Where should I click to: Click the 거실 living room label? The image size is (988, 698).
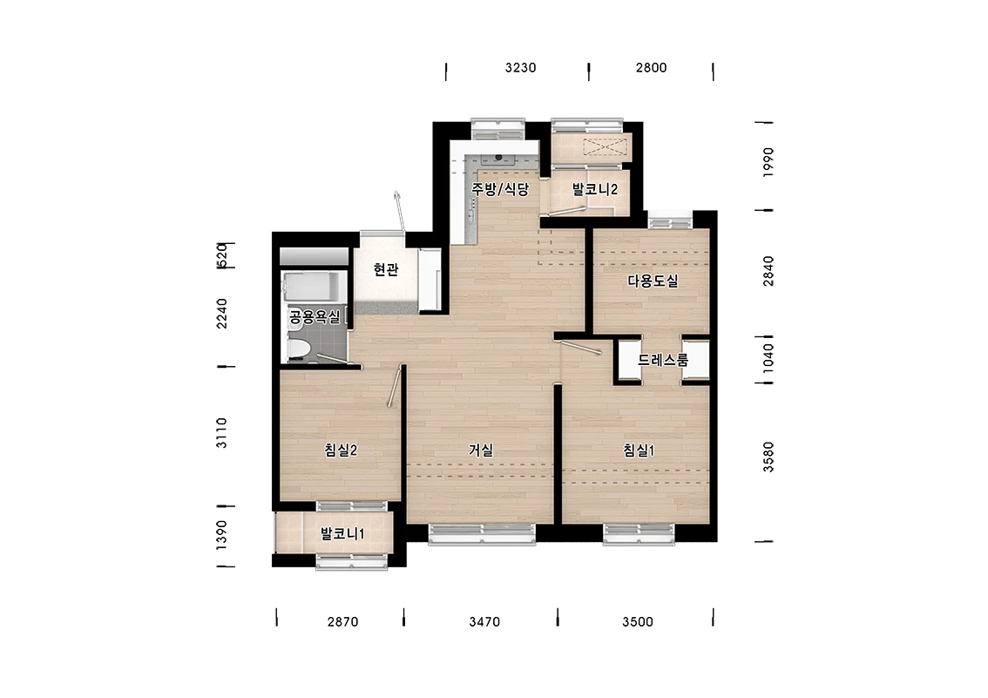(x=481, y=450)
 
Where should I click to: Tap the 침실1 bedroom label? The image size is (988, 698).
(x=639, y=451)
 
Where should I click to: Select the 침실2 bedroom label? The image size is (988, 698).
(x=341, y=450)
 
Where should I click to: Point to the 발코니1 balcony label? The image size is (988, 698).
(x=342, y=534)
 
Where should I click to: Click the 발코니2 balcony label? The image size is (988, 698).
(x=594, y=189)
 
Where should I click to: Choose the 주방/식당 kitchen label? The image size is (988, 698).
(x=500, y=188)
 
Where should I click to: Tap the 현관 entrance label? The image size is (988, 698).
(x=386, y=269)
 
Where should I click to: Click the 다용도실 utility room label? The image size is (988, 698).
(x=653, y=281)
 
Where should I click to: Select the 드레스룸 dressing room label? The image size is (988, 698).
(x=663, y=361)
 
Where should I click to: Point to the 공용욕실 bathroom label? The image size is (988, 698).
(x=315, y=316)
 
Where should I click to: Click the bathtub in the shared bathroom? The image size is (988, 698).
(x=313, y=287)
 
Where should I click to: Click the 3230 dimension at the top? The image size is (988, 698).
(x=520, y=67)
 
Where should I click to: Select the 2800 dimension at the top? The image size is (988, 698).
(x=651, y=67)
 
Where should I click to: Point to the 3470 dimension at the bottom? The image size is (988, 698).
(x=484, y=622)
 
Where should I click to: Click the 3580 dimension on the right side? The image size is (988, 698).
(x=768, y=457)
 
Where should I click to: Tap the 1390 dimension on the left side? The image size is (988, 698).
(x=221, y=535)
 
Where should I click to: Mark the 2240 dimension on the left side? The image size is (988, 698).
(x=222, y=313)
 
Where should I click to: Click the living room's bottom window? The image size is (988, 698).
(x=482, y=533)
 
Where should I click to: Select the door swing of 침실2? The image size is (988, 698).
(x=395, y=387)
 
